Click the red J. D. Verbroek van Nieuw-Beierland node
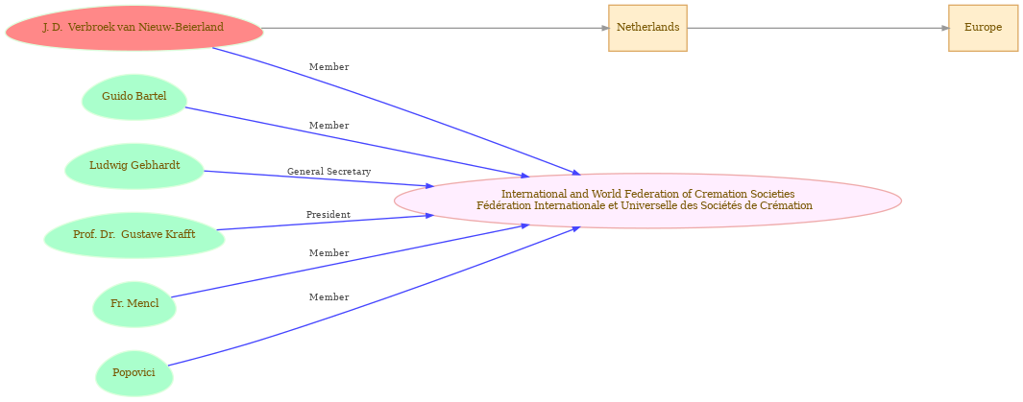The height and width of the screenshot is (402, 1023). [134, 28]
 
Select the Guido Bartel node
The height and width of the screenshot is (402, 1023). [134, 97]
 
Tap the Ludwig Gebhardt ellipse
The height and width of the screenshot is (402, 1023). [134, 165]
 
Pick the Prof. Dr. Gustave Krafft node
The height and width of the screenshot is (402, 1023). [134, 234]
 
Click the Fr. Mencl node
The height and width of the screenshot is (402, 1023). [134, 303]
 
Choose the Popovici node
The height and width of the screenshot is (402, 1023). [134, 373]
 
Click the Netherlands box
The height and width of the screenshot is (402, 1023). [647, 28]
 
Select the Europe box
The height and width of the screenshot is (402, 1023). [984, 28]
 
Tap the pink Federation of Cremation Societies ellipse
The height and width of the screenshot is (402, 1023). [647, 200]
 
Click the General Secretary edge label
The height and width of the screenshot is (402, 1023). [329, 172]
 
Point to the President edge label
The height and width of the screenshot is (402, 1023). [329, 214]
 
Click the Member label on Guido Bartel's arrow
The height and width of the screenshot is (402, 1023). [329, 125]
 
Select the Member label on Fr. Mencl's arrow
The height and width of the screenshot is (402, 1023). [329, 252]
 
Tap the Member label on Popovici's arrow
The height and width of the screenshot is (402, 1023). [329, 297]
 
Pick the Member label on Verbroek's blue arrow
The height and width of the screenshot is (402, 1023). [329, 66]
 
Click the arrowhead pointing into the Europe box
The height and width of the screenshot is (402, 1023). [944, 28]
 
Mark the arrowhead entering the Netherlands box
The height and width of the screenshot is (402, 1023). [605, 28]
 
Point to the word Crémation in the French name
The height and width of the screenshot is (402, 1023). [791, 205]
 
